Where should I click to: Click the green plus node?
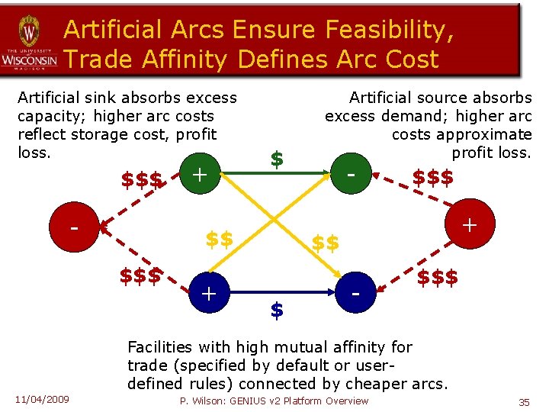point(199,174)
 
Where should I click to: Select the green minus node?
point(351,174)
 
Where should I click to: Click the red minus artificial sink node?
point(74,227)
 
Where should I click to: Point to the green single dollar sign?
point(278,159)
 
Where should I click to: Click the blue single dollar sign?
point(278,310)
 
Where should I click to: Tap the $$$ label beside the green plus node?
point(143,181)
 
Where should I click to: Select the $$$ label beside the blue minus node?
point(437,277)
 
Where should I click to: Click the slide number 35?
point(524,401)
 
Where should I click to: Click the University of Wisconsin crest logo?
point(28,34)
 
